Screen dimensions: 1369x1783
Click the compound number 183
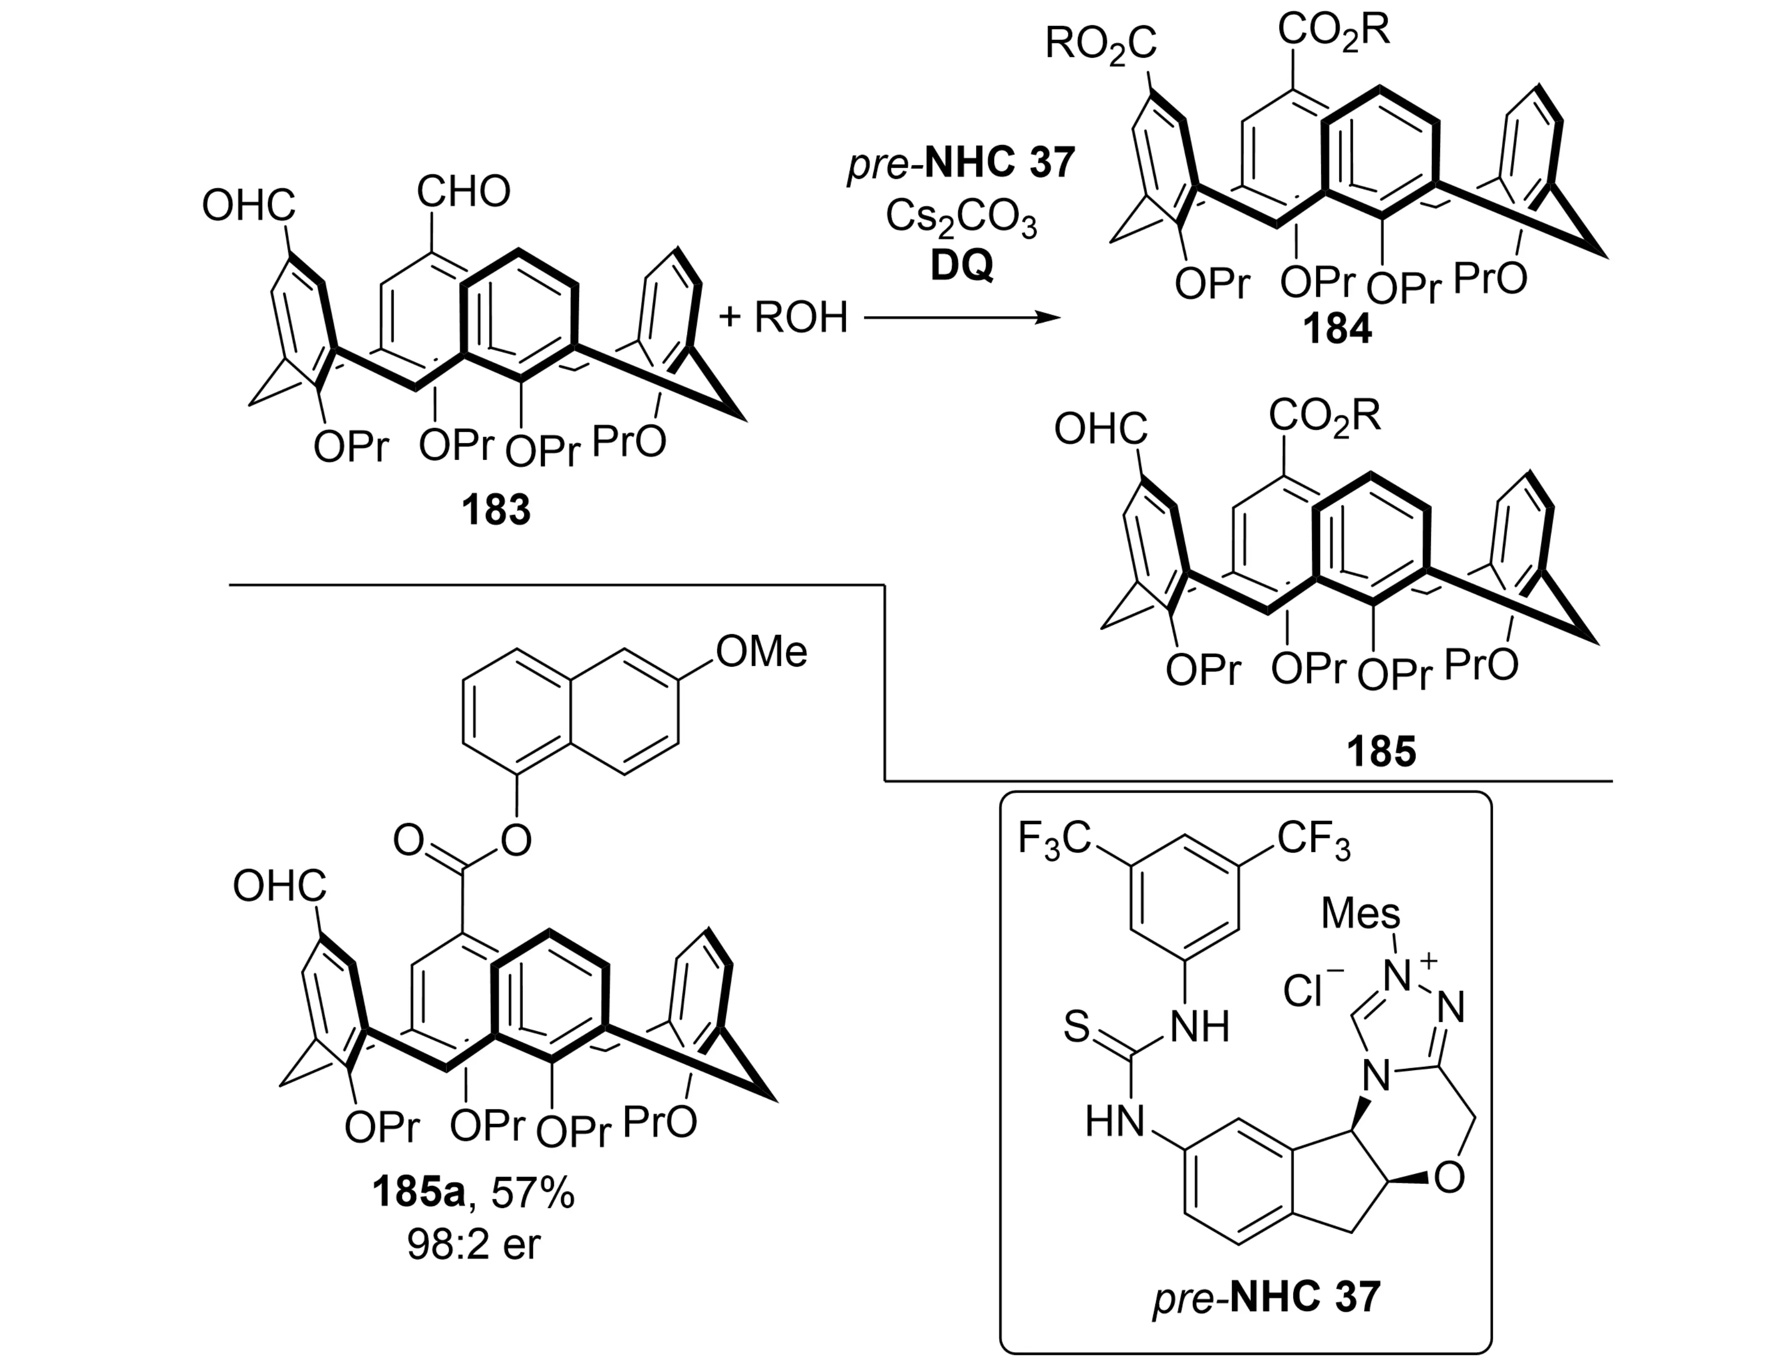[496, 511]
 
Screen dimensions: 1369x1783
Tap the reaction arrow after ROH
[962, 318]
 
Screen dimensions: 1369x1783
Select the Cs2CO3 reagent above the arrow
[961, 217]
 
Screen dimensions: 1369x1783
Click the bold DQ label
[961, 266]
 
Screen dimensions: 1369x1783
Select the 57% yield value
[532, 1194]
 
